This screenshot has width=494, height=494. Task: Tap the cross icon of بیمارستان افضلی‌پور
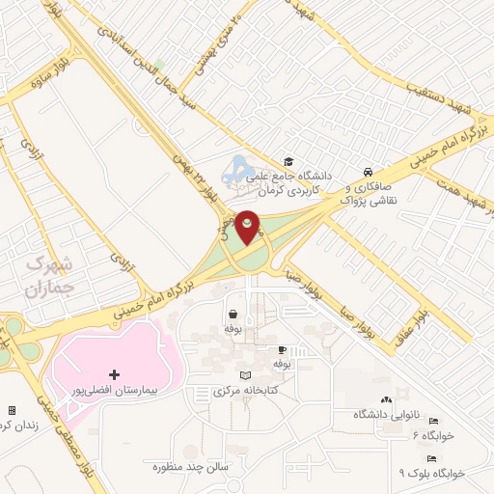pos(115,373)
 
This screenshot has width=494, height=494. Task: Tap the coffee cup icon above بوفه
pos(282,349)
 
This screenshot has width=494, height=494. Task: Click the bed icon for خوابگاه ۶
pos(433,422)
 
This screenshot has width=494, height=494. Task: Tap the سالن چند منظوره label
pos(188,467)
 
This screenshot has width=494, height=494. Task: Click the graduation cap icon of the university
pos(288,161)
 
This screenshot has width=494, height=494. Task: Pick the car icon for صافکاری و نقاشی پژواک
pos(369,170)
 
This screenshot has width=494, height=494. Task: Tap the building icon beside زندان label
pos(11,410)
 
